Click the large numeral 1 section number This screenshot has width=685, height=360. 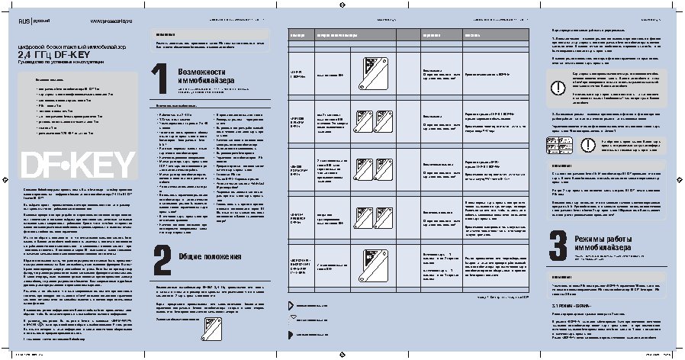coord(159,81)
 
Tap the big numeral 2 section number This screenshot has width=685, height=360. coord(159,258)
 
